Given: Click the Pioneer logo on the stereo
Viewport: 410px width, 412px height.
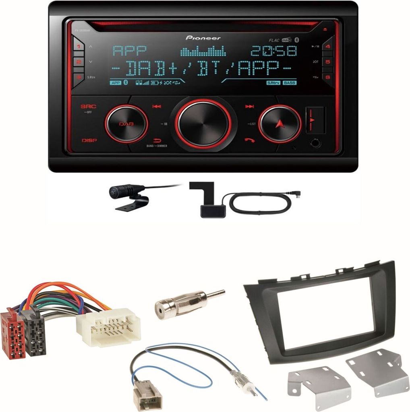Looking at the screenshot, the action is pos(203,38).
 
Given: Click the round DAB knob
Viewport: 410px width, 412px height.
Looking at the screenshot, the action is pos(126,124).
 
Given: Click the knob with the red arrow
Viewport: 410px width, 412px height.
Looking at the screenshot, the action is pos(280,124).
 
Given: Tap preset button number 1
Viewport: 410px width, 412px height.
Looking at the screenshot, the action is pos(79,47).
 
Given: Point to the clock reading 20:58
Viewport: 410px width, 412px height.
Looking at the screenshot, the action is pos(273,51).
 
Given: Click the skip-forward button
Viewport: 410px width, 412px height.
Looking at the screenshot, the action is pos(250,107).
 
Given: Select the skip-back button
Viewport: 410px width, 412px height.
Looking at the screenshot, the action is pos(157,107).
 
